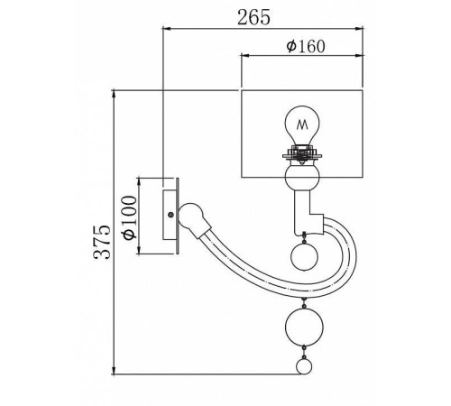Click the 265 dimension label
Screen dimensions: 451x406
click(x=253, y=17)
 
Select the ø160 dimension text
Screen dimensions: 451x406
click(x=306, y=46)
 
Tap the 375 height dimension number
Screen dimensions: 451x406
click(x=102, y=242)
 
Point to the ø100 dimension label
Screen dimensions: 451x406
click(x=130, y=217)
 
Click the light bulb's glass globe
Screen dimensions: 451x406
click(x=302, y=125)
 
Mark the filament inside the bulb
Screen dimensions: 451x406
click(x=302, y=125)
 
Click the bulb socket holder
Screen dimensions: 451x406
click(x=302, y=154)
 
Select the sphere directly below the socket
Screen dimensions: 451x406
click(x=302, y=177)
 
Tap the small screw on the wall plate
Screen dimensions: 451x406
click(x=170, y=215)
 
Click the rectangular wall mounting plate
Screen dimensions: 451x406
click(x=170, y=215)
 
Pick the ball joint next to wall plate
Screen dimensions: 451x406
click(x=191, y=216)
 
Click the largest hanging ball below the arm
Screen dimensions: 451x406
click(x=304, y=327)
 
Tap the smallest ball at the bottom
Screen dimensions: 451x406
click(x=304, y=366)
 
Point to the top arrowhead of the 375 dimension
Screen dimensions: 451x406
click(x=114, y=94)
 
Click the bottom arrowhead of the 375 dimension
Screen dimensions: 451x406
click(x=114, y=371)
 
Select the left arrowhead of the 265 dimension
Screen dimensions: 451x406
click(x=167, y=29)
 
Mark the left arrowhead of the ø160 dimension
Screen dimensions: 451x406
click(x=246, y=55)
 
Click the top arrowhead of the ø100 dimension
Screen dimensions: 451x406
click(x=139, y=182)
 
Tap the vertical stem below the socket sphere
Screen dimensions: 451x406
click(x=301, y=212)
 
